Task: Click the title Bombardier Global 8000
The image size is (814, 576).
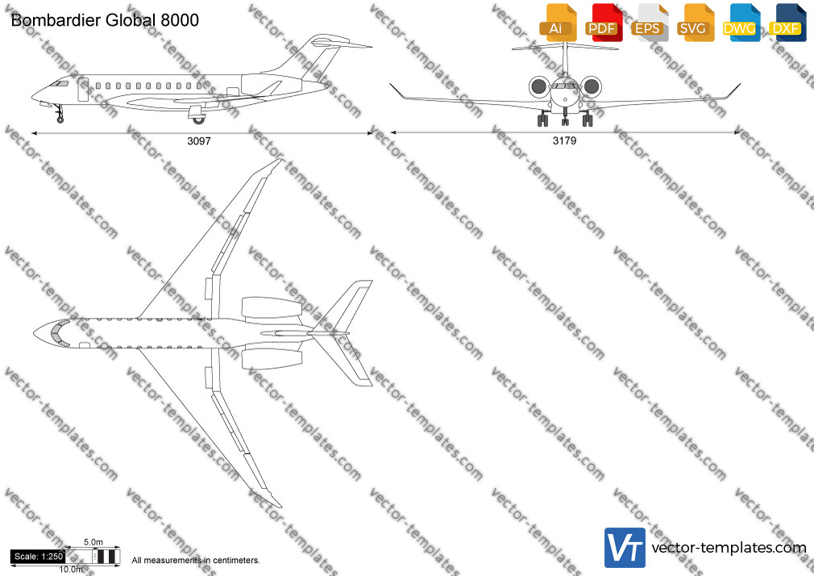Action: pyautogui.click(x=105, y=20)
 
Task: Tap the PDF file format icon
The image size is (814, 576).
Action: pyautogui.click(x=603, y=23)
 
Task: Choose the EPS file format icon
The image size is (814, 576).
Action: pyautogui.click(x=649, y=23)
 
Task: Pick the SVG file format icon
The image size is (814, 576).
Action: pyautogui.click(x=694, y=23)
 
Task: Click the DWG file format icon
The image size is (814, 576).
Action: pyautogui.click(x=741, y=23)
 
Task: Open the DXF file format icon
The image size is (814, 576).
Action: pyautogui.click(x=787, y=23)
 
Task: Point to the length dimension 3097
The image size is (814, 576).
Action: pyautogui.click(x=199, y=141)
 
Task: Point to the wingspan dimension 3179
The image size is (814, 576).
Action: pyautogui.click(x=564, y=140)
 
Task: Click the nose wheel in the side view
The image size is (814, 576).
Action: pyautogui.click(x=60, y=119)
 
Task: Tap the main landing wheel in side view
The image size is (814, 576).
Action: pyautogui.click(x=198, y=120)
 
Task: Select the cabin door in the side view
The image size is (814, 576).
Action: pyautogui.click(x=83, y=89)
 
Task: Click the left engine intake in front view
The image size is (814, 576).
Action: pyautogui.click(x=540, y=87)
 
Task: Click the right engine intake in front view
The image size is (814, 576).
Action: pyautogui.click(x=591, y=87)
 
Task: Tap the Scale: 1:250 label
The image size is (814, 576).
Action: pyautogui.click(x=39, y=557)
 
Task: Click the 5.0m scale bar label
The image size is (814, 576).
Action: pyautogui.click(x=93, y=542)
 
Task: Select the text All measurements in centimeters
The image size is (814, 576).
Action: pyautogui.click(x=196, y=561)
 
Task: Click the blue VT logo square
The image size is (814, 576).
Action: pyautogui.click(x=625, y=548)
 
